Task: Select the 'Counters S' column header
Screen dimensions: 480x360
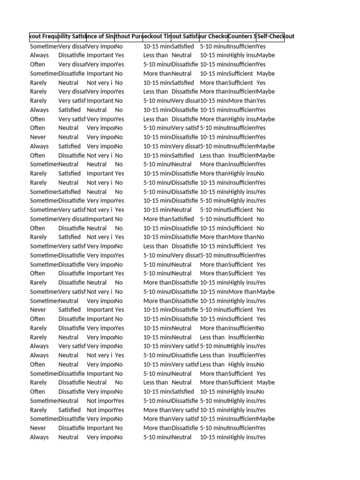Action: coord(242,37)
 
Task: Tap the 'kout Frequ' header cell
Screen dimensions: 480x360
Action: coord(44,37)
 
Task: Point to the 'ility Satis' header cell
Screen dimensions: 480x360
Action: coord(72,37)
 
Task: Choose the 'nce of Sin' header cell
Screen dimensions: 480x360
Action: coord(100,37)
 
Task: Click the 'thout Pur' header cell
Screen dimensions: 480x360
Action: coord(129,37)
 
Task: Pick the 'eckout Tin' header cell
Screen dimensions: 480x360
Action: coord(157,37)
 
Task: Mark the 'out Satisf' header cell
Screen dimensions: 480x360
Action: coord(186,37)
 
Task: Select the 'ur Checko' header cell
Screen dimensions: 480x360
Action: coord(214,37)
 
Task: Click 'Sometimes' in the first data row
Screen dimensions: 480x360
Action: coord(44,46)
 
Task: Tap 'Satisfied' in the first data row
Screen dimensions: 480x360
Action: coord(183,46)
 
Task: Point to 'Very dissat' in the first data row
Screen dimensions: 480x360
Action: coord(72,46)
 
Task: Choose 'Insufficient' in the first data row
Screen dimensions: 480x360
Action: coord(242,46)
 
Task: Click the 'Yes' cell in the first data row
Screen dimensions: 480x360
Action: coord(261,46)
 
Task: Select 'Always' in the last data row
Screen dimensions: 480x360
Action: coord(39,437)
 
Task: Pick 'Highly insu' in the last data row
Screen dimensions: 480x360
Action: coord(242,437)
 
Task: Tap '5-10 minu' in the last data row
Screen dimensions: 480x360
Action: coord(157,437)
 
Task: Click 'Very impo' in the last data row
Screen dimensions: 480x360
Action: coord(100,437)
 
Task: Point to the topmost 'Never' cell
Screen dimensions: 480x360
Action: coord(38,137)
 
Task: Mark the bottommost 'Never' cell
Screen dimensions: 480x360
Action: coord(38,428)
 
